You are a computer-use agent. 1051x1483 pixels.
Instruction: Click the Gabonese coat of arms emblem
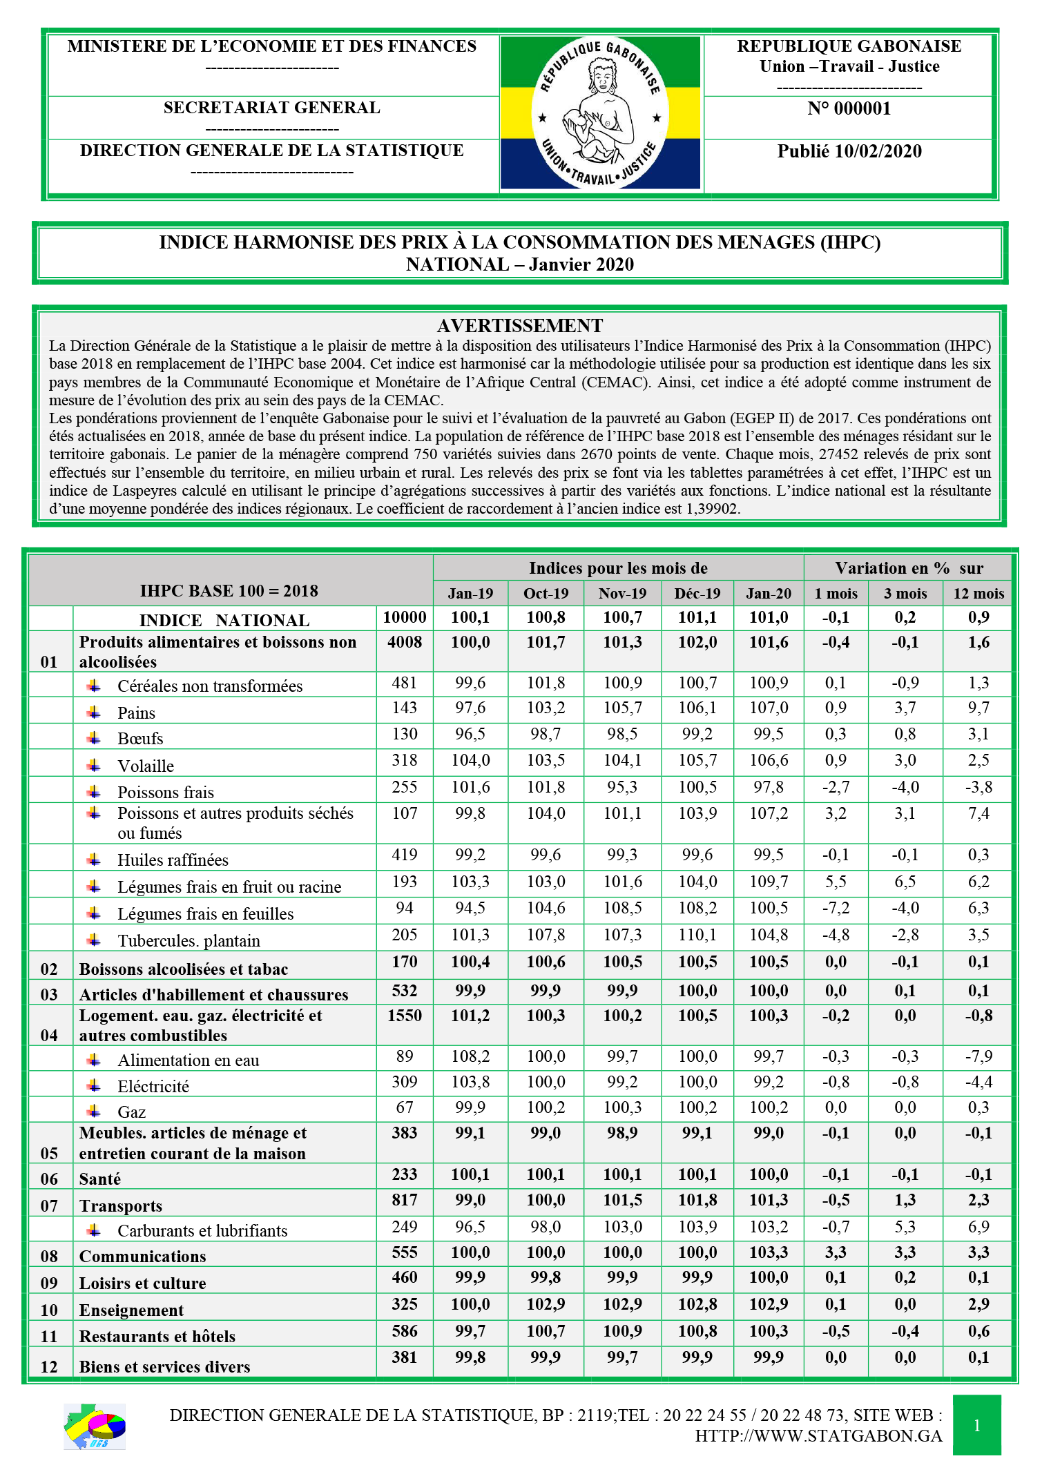pyautogui.click(x=599, y=113)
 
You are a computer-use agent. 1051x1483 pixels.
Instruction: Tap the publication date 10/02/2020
pyautogui.click(x=849, y=152)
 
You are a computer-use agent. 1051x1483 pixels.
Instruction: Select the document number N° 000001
pyautogui.click(x=849, y=108)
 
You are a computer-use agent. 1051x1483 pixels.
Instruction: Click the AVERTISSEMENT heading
pyautogui.click(x=520, y=326)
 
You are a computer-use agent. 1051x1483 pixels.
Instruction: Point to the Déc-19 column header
pyautogui.click(x=697, y=594)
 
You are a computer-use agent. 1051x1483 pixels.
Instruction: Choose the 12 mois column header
pyautogui.click(x=978, y=594)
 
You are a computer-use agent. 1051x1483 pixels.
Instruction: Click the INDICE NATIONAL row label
pyautogui.click(x=224, y=620)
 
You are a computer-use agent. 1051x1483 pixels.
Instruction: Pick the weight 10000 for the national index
pyautogui.click(x=405, y=617)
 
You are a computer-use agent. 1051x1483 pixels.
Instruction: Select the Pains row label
pyautogui.click(x=137, y=713)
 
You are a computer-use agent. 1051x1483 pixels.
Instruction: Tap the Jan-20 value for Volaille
pyautogui.click(x=769, y=760)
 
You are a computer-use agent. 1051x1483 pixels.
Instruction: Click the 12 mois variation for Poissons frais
pyautogui.click(x=978, y=787)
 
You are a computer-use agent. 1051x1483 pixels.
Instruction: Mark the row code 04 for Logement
pyautogui.click(x=49, y=1035)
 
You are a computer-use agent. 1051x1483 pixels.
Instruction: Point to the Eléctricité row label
pyautogui.click(x=153, y=1087)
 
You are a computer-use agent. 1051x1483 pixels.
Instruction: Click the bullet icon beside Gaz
pyautogui.click(x=94, y=1111)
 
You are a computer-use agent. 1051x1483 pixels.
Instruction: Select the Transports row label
pyautogui.click(x=121, y=1206)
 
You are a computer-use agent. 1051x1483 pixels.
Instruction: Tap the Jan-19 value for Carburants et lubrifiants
pyautogui.click(x=470, y=1227)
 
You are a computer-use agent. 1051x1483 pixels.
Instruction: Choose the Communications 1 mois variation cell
pyautogui.click(x=836, y=1252)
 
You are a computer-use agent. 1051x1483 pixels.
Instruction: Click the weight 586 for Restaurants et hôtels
pyautogui.click(x=405, y=1331)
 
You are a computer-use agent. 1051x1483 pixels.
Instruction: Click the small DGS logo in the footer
pyautogui.click(x=95, y=1426)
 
